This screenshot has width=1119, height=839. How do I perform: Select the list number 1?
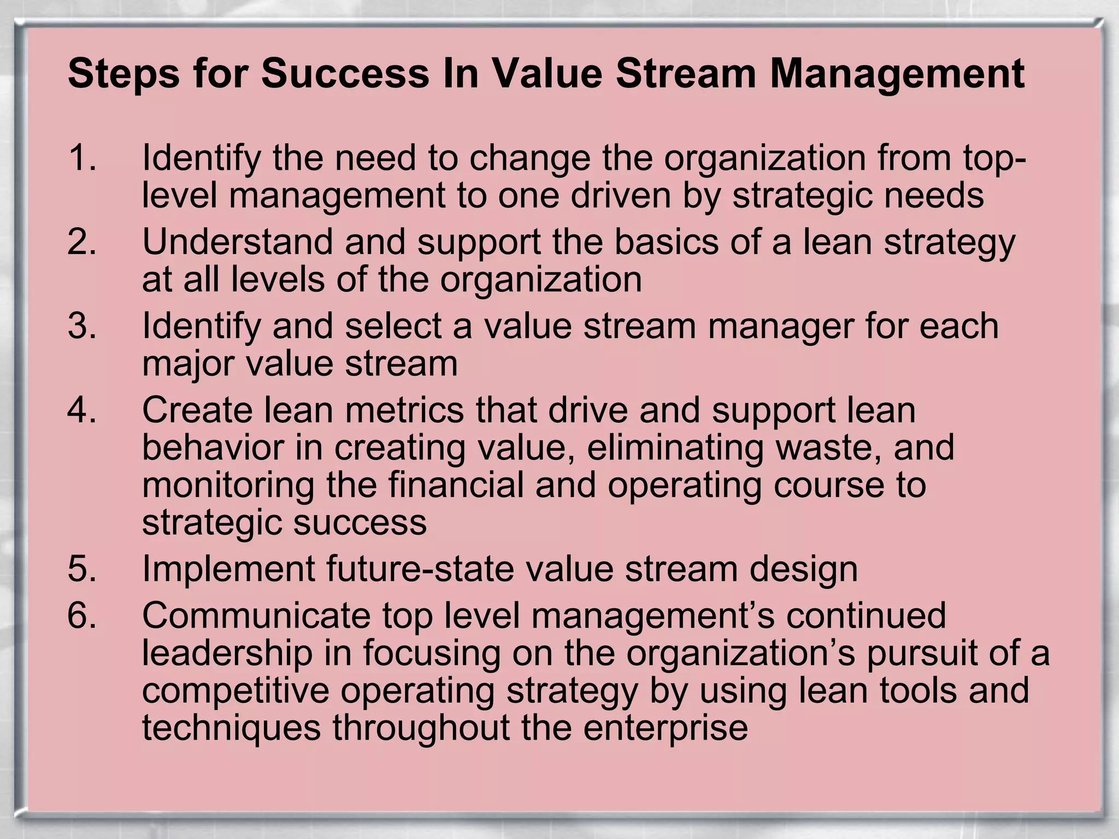tap(82, 158)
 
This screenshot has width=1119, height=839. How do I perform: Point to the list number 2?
tap(82, 242)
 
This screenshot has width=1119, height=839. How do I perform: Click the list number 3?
tap(82, 326)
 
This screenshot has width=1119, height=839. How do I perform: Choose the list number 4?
tap(82, 410)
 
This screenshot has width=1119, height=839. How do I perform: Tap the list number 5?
tap(82, 569)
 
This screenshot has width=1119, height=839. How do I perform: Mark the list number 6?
tap(82, 616)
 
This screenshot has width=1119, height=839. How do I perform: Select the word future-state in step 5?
tap(421, 569)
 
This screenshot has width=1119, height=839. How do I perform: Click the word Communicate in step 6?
tap(256, 616)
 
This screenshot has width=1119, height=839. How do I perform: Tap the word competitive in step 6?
tap(235, 691)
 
